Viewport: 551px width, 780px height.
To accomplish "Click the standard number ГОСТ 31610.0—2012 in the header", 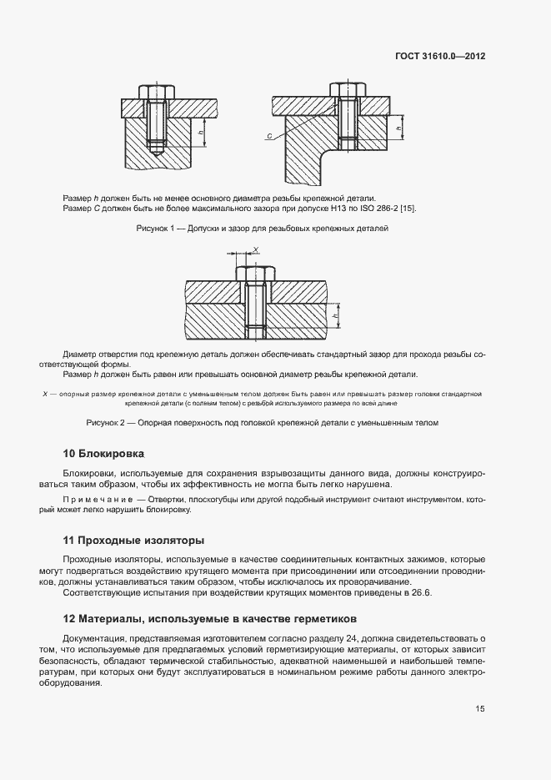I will (x=439, y=57).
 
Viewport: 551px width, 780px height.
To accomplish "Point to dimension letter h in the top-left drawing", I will (x=202, y=132).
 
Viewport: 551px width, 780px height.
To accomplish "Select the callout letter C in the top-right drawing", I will (x=269, y=135).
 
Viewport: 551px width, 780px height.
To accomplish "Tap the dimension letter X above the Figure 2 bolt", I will (x=256, y=249).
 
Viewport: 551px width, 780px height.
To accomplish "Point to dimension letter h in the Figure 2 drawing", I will (x=334, y=317).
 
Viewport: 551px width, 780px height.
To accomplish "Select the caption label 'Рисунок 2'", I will (x=106, y=423).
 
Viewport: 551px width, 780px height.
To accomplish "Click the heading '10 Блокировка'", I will (x=104, y=454).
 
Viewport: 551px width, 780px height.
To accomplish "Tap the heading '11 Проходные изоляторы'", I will (x=133, y=540).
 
